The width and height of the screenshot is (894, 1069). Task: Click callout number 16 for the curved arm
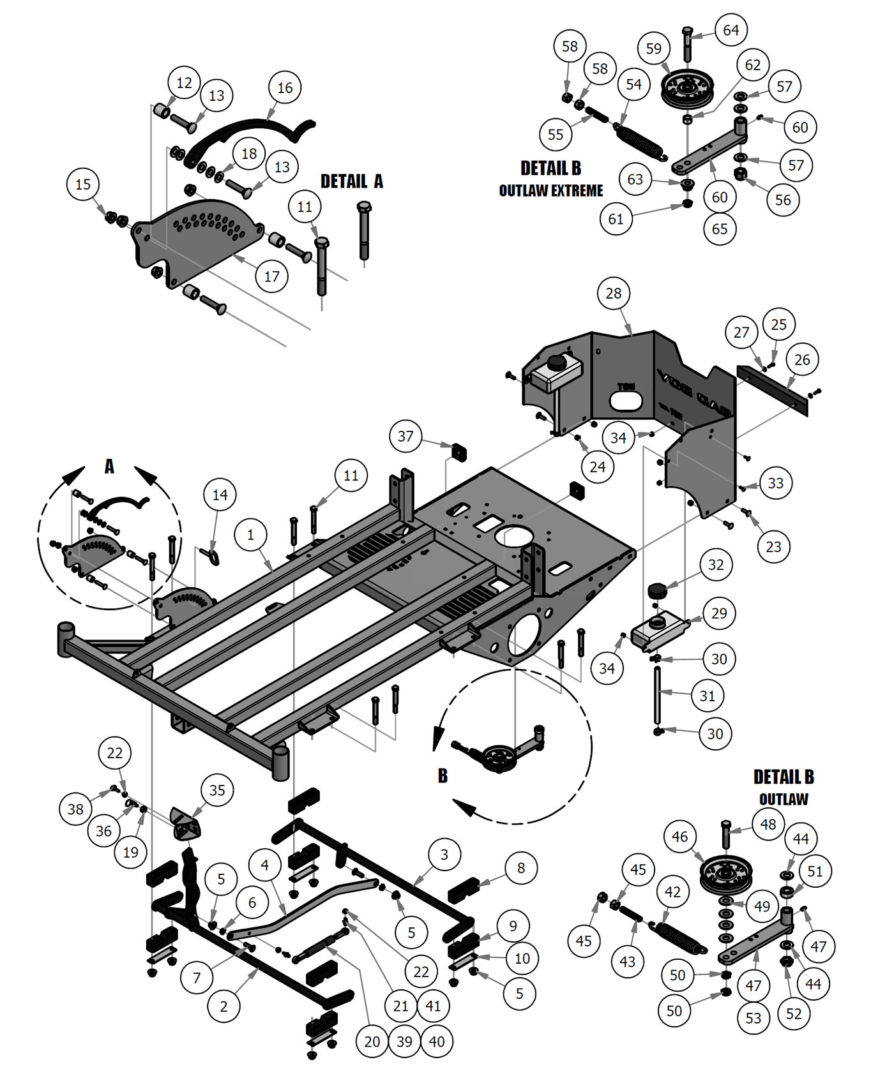click(285, 87)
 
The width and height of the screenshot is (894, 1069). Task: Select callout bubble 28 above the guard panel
click(613, 294)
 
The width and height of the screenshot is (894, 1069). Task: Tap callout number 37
click(405, 437)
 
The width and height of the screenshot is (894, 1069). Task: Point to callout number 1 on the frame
click(250, 535)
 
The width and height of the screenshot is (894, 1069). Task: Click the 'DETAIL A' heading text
click(352, 181)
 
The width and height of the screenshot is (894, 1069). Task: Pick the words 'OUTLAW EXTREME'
click(550, 191)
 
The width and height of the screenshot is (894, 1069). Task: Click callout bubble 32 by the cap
click(716, 565)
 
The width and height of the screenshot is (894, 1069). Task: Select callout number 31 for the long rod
click(707, 696)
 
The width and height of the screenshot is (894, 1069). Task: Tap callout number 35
click(217, 790)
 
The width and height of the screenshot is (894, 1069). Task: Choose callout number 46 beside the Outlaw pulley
click(679, 837)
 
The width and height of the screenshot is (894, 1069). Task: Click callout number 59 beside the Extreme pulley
click(653, 49)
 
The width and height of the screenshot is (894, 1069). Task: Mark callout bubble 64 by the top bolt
click(731, 30)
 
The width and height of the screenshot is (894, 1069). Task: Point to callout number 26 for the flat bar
click(802, 360)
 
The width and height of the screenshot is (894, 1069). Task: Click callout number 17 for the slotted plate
click(271, 276)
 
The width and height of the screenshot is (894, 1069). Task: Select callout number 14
click(220, 495)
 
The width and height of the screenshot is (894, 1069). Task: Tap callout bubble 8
click(521, 868)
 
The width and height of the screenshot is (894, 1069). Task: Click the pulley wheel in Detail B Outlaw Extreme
click(686, 89)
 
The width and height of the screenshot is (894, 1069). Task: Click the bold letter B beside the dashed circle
click(443, 776)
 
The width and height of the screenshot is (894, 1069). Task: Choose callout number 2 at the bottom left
click(223, 1006)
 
